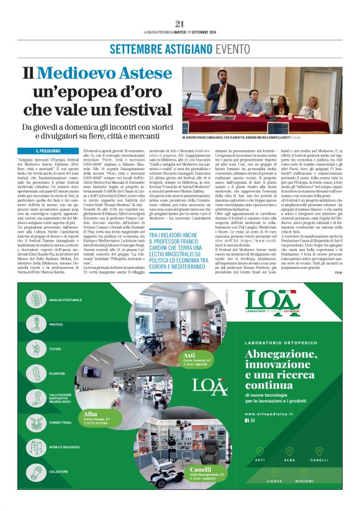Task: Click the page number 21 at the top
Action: pos(179,24)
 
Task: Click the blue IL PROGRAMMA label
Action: pos(48,151)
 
